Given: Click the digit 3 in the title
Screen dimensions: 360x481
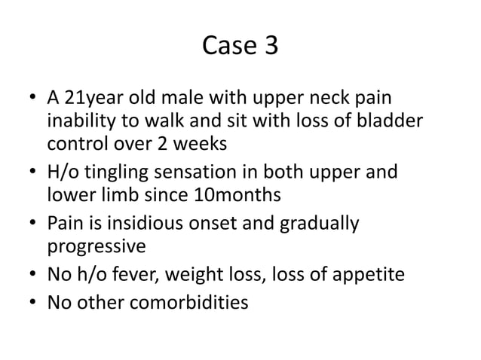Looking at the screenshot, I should coord(269,47).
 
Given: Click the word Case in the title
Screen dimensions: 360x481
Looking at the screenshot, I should coord(229,47).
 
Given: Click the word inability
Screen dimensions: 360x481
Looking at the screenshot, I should coord(81,121).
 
